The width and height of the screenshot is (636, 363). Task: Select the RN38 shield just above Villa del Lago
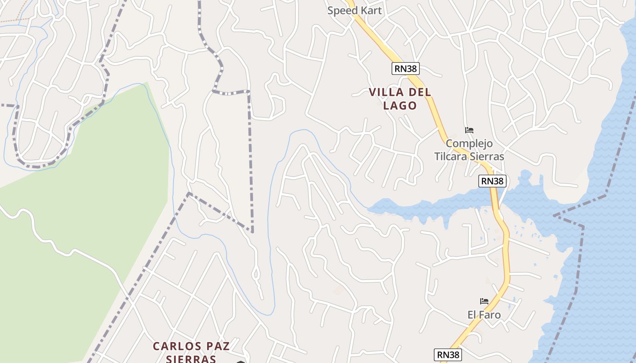[405, 69]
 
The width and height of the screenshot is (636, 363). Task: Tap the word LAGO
[400, 106]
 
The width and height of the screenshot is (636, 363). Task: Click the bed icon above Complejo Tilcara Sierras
[469, 130]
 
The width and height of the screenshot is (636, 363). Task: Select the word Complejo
[469, 143]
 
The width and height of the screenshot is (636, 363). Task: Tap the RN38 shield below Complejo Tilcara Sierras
[492, 181]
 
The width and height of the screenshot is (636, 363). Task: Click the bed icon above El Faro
[484, 301]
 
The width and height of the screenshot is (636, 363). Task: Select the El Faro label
[484, 314]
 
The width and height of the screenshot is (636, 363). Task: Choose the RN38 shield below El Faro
[448, 354]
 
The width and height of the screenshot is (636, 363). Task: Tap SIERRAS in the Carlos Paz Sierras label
[190, 359]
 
